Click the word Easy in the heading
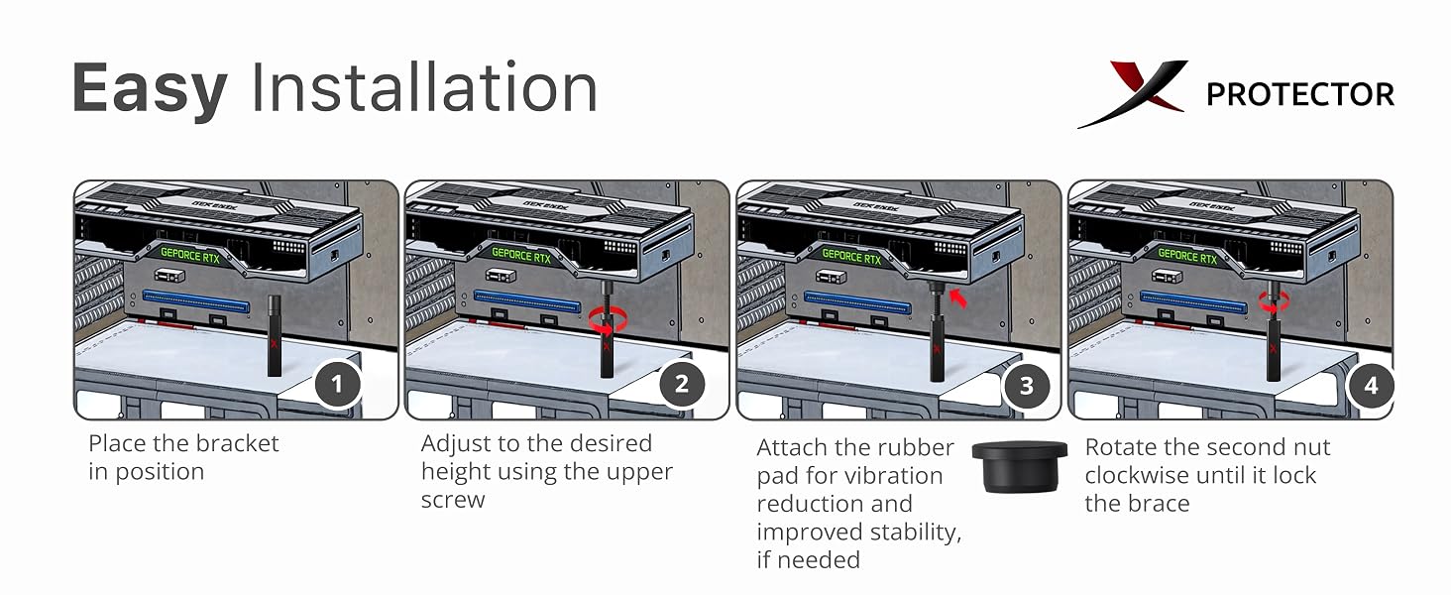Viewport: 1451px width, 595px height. click(x=150, y=89)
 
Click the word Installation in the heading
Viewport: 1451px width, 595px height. click(x=424, y=87)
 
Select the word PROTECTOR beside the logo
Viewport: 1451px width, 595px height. click(x=1300, y=94)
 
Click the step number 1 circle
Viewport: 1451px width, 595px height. click(x=338, y=385)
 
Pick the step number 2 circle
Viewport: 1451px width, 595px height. click(x=682, y=385)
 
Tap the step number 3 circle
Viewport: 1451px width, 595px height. click(x=1026, y=386)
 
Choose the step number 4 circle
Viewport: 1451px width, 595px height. click(x=1371, y=386)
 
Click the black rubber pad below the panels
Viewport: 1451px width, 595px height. click(x=1020, y=467)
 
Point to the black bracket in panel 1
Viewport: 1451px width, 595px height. click(x=274, y=336)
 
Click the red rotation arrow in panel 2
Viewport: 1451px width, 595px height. click(x=608, y=321)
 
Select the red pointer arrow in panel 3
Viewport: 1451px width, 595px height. click(x=957, y=298)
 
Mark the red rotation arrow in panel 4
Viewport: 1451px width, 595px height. click(x=1274, y=301)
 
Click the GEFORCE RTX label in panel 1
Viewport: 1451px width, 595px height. click(x=189, y=256)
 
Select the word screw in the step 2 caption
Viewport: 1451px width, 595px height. click(x=453, y=501)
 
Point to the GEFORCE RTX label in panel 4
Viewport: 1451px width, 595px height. click(x=1187, y=256)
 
